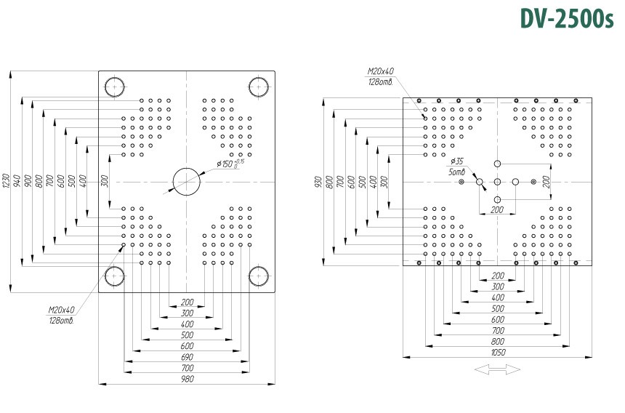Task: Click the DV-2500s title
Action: (x=567, y=18)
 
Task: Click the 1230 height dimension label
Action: (x=5, y=181)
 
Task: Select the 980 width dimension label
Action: (x=187, y=379)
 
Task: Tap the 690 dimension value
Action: (x=187, y=357)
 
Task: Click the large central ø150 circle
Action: (x=187, y=168)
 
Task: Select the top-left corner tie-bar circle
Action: (x=115, y=77)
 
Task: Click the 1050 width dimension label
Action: (x=498, y=352)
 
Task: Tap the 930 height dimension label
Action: (x=318, y=182)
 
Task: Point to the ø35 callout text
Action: (x=457, y=161)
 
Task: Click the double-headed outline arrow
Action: (x=497, y=369)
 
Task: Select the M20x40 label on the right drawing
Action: (x=381, y=71)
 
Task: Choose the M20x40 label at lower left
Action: (x=61, y=310)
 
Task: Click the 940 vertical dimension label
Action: (x=17, y=181)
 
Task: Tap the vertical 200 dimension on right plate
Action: (x=547, y=182)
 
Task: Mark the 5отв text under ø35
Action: (x=457, y=172)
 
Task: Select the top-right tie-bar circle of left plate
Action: (x=259, y=77)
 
